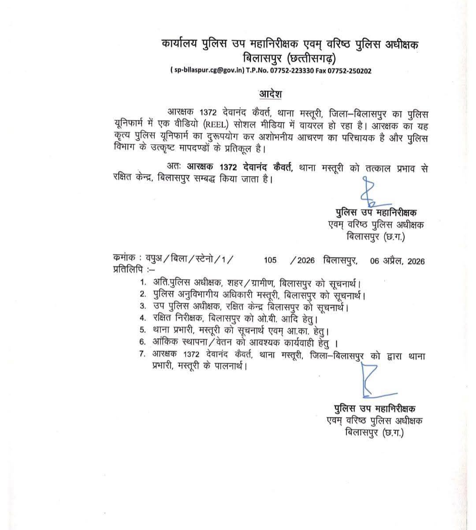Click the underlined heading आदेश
(270, 94)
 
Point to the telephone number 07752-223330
(293, 71)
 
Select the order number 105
(270, 260)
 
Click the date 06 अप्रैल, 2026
(398, 261)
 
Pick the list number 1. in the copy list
(143, 282)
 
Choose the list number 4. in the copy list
(143, 318)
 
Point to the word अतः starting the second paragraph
(174, 168)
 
